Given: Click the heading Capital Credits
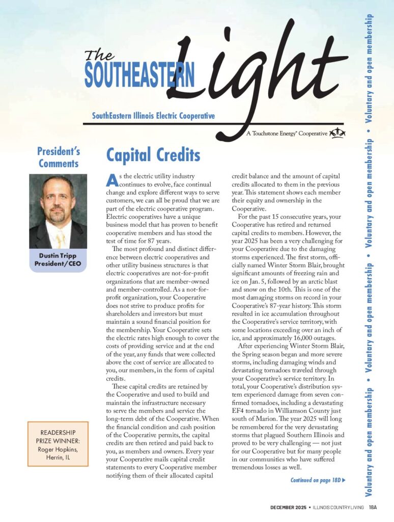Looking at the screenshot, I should (x=153, y=155).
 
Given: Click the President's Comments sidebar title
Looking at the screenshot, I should (x=59, y=157).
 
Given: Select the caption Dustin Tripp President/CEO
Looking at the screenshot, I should (x=58, y=259).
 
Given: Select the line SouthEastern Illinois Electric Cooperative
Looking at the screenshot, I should (x=153, y=116).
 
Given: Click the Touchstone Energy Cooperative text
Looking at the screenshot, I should (x=287, y=134).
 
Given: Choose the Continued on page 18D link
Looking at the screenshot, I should (x=315, y=480).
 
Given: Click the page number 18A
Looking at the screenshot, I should (x=373, y=507).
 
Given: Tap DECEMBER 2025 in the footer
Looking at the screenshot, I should (x=287, y=507).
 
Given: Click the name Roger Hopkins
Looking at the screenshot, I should (x=58, y=449).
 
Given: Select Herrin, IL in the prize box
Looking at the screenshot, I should (x=58, y=457).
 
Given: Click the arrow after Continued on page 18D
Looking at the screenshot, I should (x=345, y=480).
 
